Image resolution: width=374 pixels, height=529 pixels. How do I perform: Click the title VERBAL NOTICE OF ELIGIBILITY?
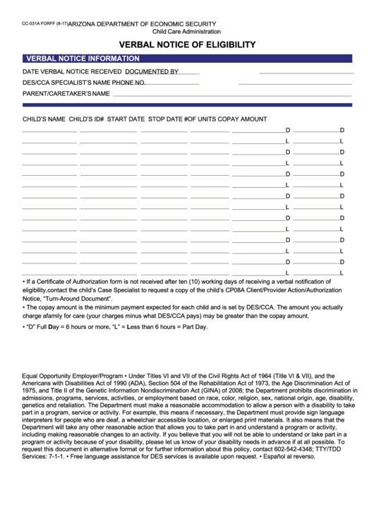[187, 44]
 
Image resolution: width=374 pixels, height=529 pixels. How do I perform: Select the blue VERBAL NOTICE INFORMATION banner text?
[82, 59]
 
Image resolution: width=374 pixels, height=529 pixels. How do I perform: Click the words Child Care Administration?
[186, 32]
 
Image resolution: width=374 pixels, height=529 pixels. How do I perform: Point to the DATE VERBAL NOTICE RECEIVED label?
[72, 71]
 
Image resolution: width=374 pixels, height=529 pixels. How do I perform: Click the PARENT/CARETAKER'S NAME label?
[66, 93]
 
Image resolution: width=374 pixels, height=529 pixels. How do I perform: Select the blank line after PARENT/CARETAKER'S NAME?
[233, 95]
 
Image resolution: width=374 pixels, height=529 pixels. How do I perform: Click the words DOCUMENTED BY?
[152, 71]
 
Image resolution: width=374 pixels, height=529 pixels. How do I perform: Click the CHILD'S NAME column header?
[44, 119]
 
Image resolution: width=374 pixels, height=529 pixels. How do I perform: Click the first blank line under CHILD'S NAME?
[49, 131]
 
